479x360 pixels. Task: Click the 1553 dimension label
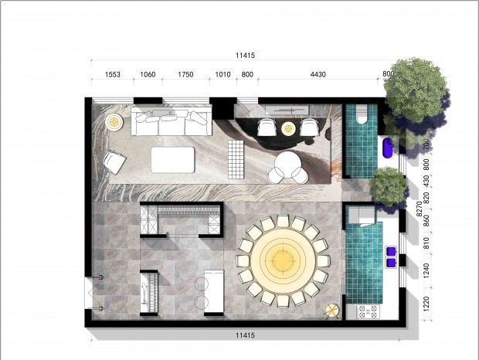[x=113, y=74]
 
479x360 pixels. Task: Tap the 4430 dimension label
[x=318, y=74]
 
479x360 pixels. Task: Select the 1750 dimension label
[x=185, y=74]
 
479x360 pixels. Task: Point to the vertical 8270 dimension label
[x=419, y=209]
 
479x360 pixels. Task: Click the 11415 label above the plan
[x=245, y=56]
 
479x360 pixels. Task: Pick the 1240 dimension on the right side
[x=426, y=270]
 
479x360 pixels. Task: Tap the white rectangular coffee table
[x=173, y=160]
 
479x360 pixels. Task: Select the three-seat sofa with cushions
[x=172, y=121]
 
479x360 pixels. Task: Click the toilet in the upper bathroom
[x=362, y=114]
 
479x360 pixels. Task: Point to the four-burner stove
[x=368, y=311]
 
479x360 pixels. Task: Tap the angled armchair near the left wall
[x=114, y=161]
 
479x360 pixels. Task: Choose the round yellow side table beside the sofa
[x=114, y=122]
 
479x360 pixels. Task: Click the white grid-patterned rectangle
[x=236, y=159]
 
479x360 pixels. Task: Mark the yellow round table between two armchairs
[x=288, y=129]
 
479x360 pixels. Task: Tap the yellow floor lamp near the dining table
[x=332, y=311]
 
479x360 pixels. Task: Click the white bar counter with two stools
[x=214, y=291]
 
